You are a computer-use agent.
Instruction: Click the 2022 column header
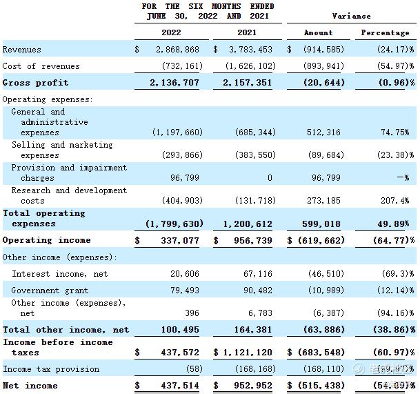[172, 32]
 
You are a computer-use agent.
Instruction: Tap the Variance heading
[351, 16]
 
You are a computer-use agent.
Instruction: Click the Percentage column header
[385, 32]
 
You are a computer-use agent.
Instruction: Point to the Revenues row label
[22, 50]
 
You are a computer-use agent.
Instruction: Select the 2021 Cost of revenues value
[249, 66]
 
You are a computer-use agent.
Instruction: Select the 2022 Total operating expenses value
[174, 224]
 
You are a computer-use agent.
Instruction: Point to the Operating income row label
[46, 240]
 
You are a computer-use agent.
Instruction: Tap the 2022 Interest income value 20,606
[186, 274]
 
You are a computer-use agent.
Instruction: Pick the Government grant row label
[50, 290]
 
